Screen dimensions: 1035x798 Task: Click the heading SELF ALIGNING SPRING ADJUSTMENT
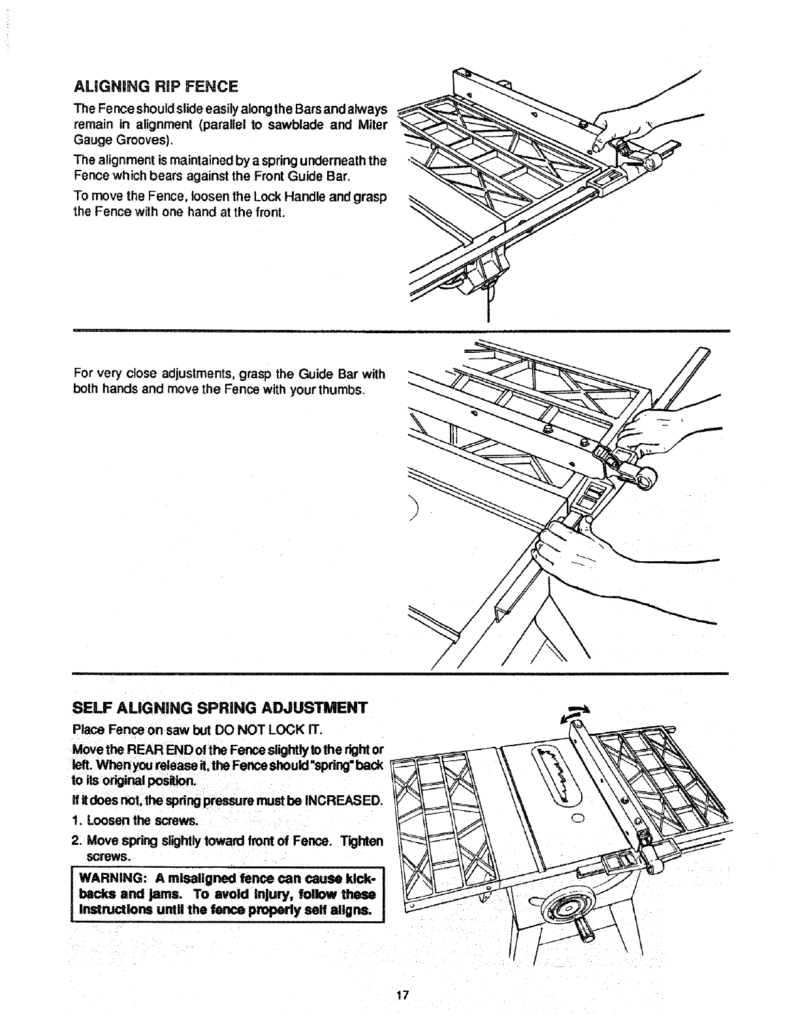pyautogui.click(x=220, y=708)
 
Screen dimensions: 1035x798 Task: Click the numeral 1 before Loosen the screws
pyautogui.click(x=76, y=820)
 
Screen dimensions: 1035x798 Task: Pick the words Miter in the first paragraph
pyautogui.click(x=374, y=124)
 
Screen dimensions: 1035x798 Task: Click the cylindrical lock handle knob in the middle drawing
pyautogui.click(x=646, y=481)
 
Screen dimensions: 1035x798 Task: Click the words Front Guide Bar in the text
pyautogui.click(x=310, y=175)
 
